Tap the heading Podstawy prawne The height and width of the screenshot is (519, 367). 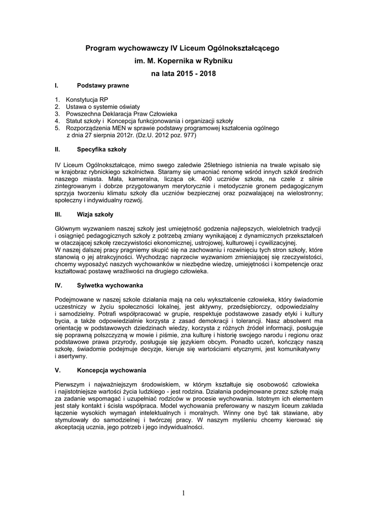click(103, 86)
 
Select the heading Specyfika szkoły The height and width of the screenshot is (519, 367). click(102, 150)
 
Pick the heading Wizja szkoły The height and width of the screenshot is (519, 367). click(95, 214)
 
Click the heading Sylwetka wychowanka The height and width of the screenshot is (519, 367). click(110, 286)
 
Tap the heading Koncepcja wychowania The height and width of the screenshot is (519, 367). click(112, 371)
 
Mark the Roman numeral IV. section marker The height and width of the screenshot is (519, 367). click(58, 286)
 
